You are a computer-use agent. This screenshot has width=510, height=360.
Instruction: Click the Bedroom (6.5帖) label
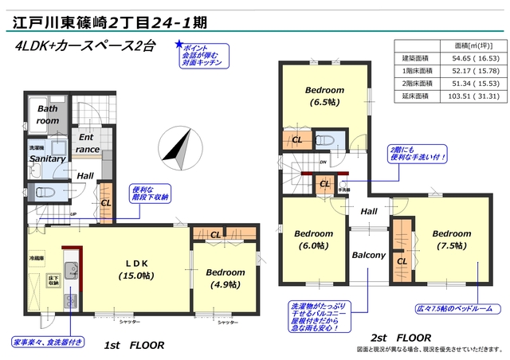tap(324, 96)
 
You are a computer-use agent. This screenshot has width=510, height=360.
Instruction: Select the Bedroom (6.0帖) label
tap(312, 240)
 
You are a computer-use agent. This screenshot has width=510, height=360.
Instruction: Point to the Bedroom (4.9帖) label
tap(226, 278)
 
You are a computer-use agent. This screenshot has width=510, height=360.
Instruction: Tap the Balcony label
tap(369, 256)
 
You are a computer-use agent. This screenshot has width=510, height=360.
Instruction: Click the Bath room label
tap(48, 115)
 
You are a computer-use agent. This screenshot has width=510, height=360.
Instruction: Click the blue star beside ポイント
tap(179, 46)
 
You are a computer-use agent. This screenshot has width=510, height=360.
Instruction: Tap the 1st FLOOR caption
tap(135, 345)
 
